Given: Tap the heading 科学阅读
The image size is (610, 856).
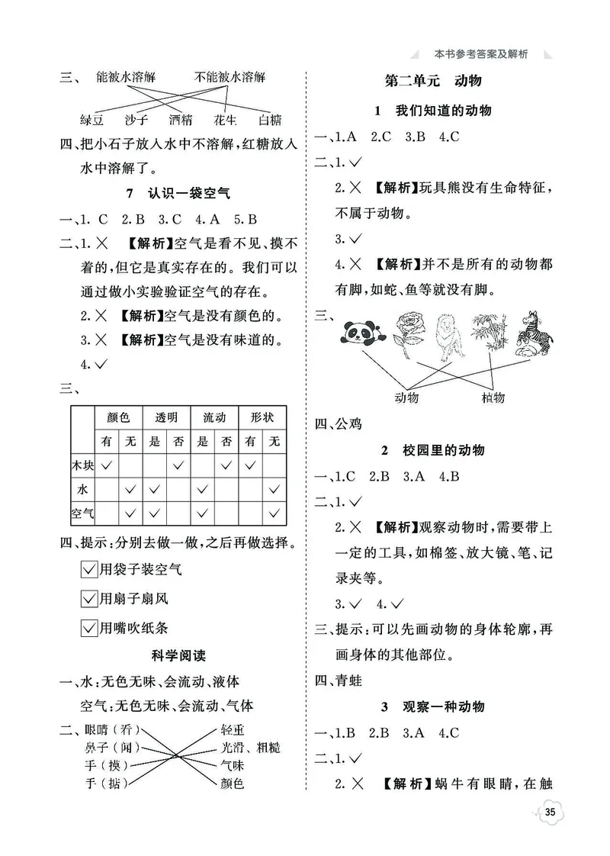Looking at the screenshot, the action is pos(175,655).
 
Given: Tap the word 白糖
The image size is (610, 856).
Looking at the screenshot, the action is pos(270,119).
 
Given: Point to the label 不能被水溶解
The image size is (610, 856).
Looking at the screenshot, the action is pos(230,77).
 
